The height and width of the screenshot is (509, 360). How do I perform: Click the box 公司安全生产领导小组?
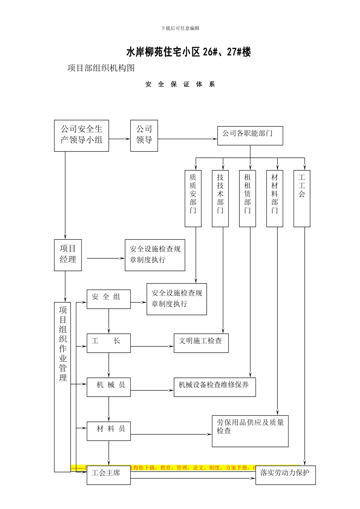point(81,136)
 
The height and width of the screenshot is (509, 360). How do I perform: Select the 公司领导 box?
point(144,136)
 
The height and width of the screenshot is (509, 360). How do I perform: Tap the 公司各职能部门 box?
point(250,136)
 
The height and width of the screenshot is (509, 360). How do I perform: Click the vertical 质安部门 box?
point(193,198)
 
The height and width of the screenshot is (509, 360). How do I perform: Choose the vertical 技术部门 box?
point(220,198)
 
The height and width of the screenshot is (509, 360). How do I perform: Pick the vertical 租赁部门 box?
point(247,198)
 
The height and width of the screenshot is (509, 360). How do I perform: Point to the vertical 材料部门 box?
point(275,198)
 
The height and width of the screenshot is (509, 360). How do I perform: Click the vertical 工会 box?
point(302,198)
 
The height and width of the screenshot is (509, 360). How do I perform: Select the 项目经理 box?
point(68,255)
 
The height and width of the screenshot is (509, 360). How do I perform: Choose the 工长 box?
point(109,343)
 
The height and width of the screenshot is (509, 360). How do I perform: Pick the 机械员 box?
point(109,387)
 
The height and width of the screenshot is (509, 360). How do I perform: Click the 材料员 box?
point(109,431)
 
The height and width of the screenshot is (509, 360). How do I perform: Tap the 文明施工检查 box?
point(201,343)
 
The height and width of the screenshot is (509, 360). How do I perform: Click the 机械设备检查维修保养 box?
point(215,387)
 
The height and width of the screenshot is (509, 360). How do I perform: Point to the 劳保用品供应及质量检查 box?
point(250,431)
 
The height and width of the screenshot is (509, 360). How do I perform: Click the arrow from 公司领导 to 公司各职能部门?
point(188,139)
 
